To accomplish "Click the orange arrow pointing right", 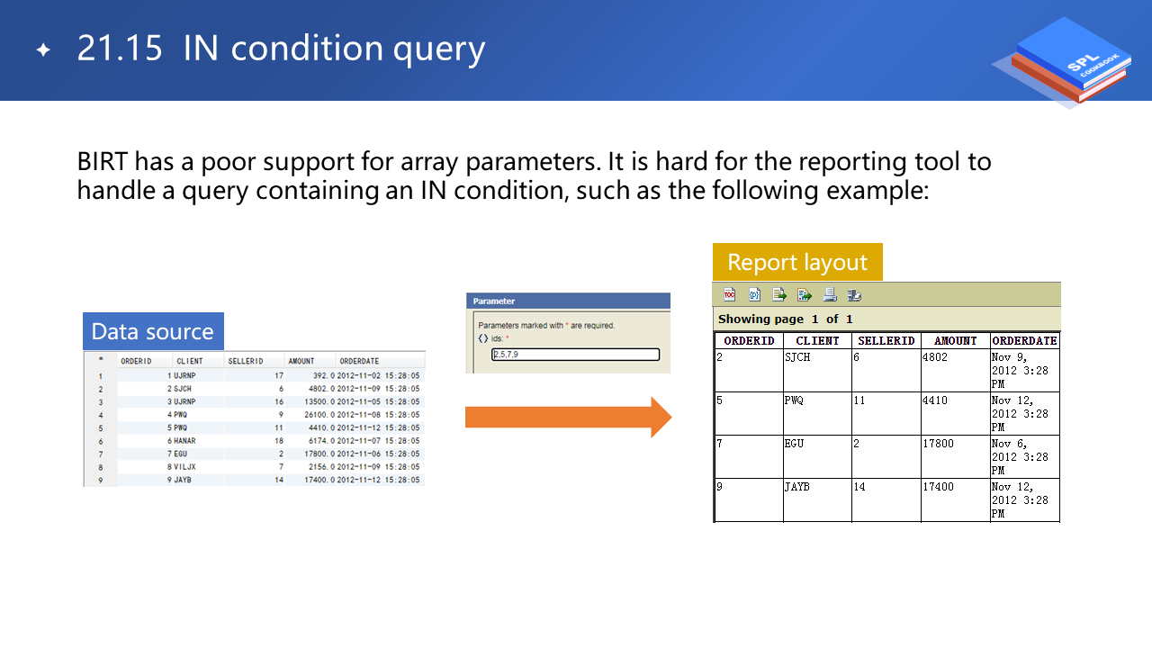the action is [568, 417].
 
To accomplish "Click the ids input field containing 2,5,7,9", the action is [575, 355].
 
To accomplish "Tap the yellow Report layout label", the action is [797, 262].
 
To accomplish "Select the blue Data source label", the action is [153, 331].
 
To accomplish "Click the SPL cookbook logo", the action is [1065, 62].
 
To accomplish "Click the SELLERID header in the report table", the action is [886, 341].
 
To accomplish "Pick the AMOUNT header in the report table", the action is [955, 341].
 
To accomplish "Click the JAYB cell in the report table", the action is [797, 487].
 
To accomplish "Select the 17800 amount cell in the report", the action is [938, 444].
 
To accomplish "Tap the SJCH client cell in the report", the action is [797, 357].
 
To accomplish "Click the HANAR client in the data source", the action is [184, 441].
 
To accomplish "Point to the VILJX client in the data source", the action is [184, 467].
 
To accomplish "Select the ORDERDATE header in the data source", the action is [359, 361].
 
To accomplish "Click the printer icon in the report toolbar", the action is [830, 294].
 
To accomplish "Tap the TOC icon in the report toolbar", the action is [729, 294].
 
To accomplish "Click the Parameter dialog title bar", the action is [568, 301].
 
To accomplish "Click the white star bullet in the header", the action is [44, 49].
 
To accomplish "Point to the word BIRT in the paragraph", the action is [102, 161].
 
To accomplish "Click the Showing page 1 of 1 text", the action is [786, 319].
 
